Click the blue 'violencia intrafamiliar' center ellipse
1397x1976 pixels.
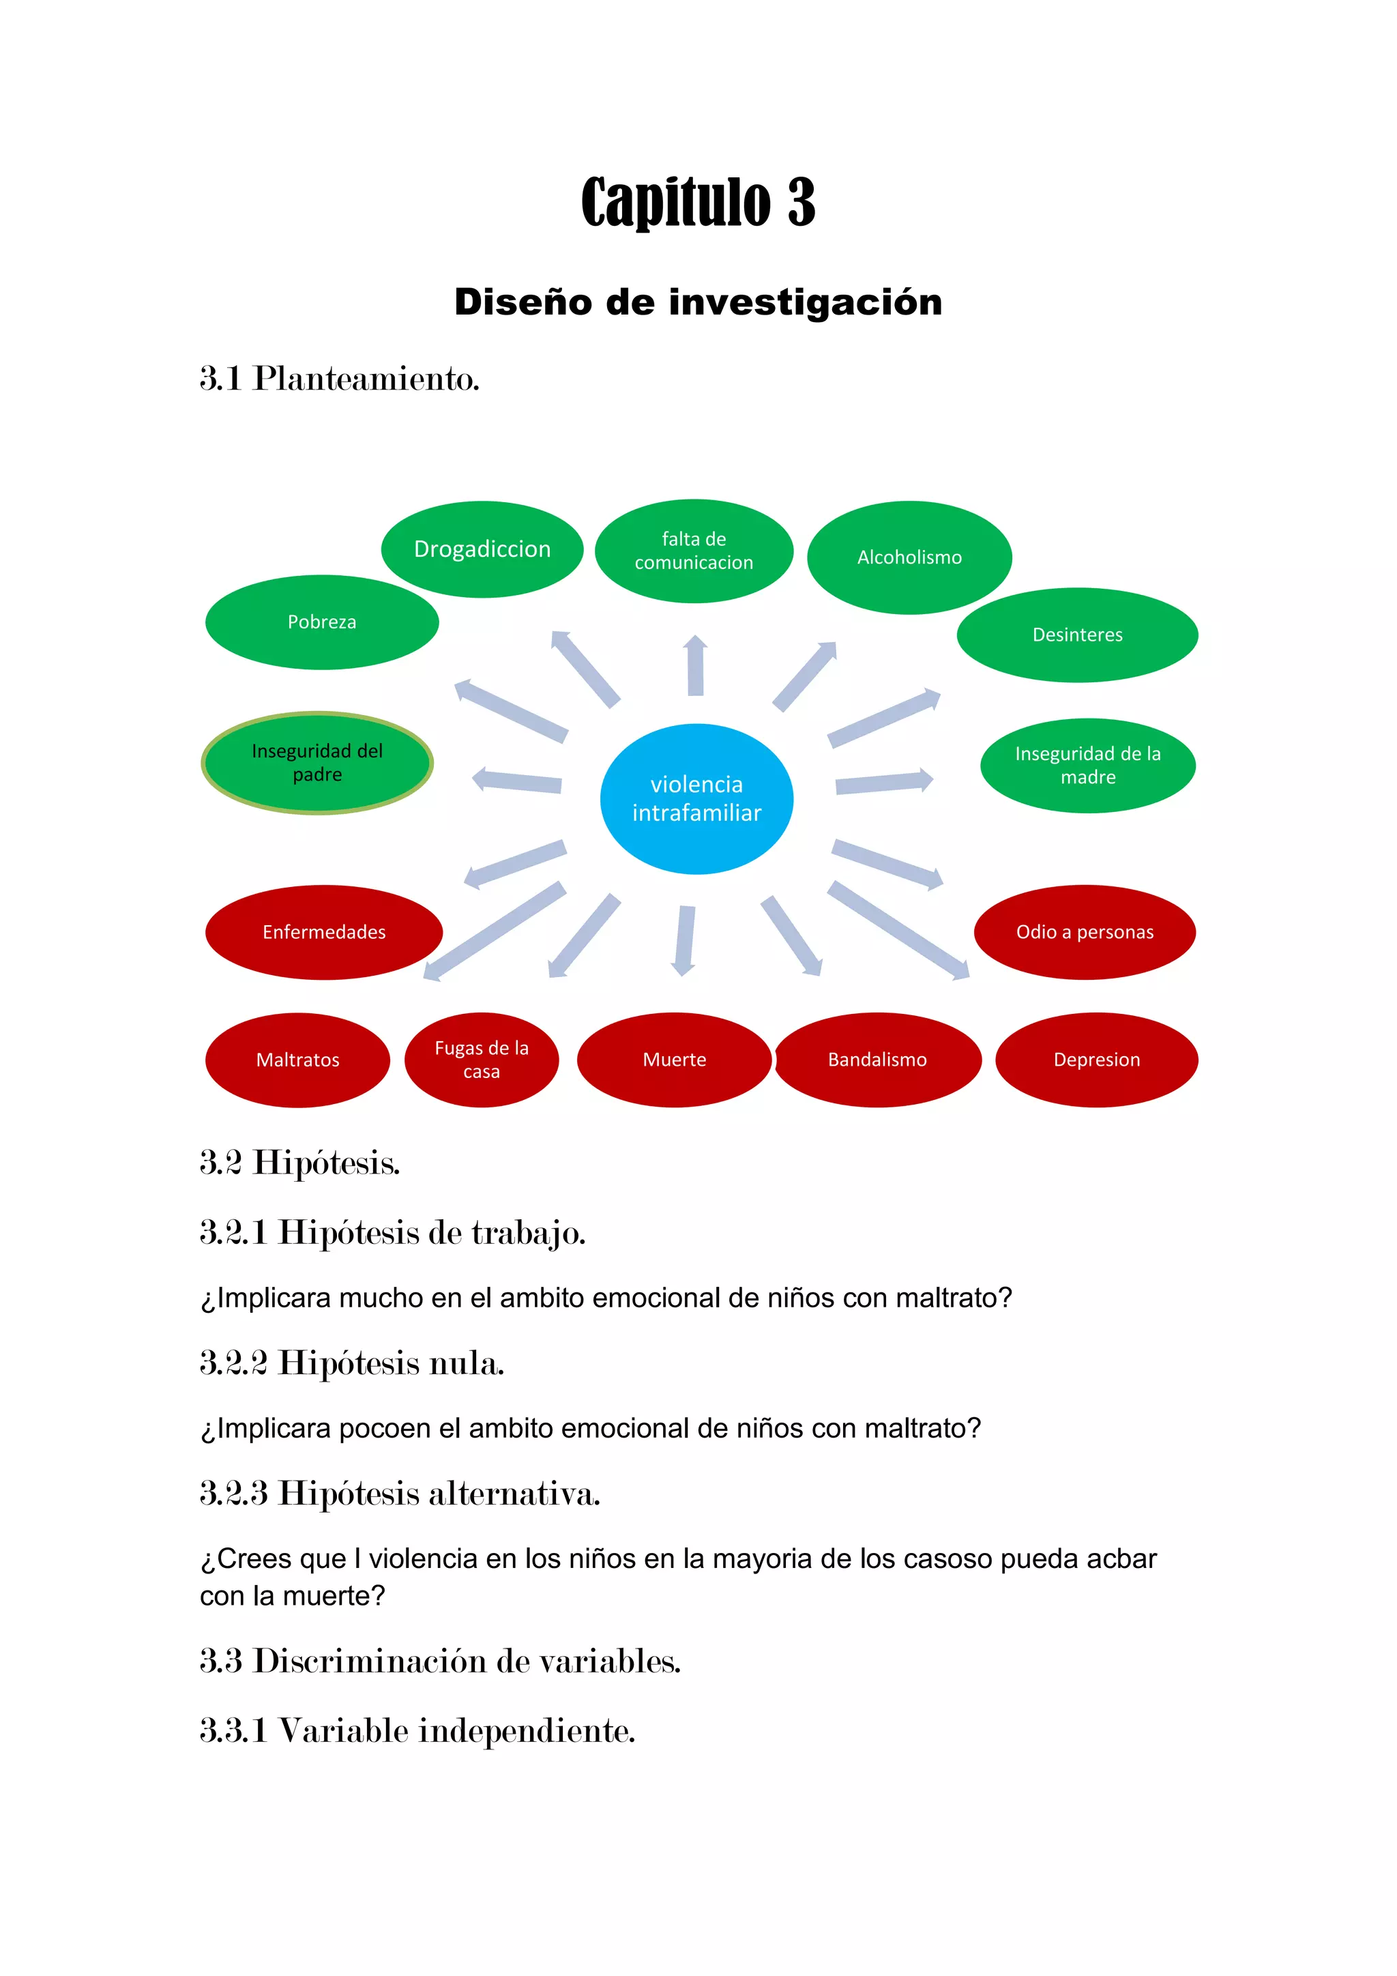(696, 799)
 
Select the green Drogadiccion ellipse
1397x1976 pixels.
(482, 549)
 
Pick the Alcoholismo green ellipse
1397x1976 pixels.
(909, 557)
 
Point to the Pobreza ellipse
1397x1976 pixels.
(322, 622)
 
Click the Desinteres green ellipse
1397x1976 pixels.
(1077, 635)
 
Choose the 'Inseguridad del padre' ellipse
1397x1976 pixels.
(317, 763)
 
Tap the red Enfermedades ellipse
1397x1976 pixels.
(323, 932)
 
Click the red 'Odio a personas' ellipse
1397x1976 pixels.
(1085, 932)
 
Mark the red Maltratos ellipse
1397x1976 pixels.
(297, 1060)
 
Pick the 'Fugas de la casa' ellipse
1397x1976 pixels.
(481, 1060)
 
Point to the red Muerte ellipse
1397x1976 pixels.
(675, 1060)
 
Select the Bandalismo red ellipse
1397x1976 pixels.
(877, 1060)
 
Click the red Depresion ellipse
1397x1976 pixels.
(1097, 1060)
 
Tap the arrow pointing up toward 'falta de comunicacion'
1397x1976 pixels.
(695, 665)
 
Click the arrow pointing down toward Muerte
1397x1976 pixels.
(685, 940)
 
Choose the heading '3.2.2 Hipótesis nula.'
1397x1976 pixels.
(352, 1363)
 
